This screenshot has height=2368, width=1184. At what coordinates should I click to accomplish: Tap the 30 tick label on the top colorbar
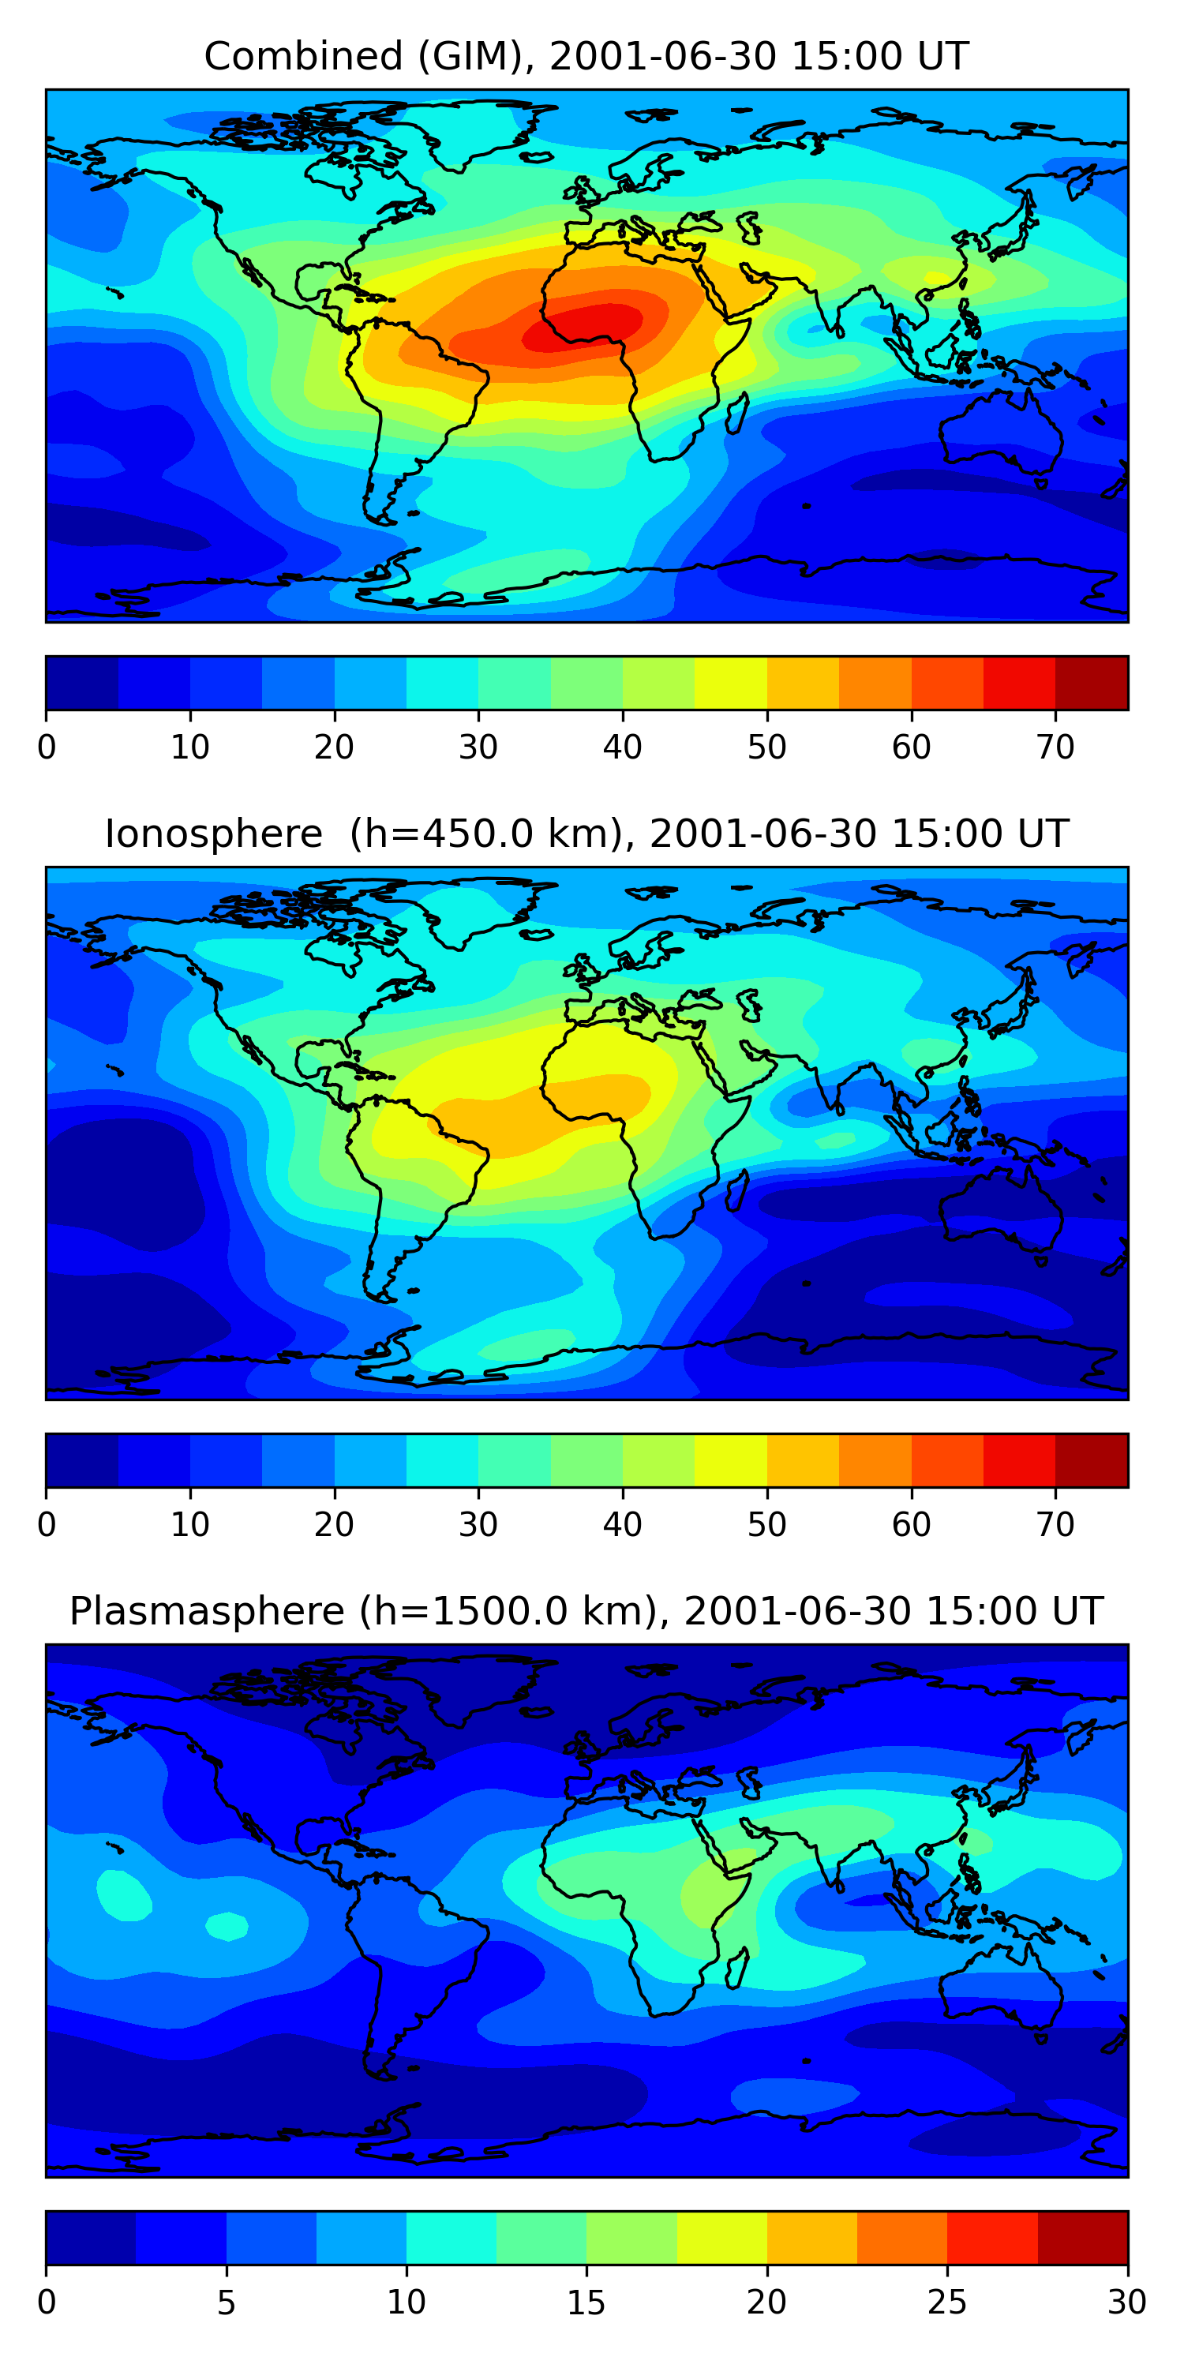tap(478, 747)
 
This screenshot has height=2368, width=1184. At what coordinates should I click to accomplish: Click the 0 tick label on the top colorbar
tap(47, 747)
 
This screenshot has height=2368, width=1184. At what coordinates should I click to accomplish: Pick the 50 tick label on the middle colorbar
tap(766, 1525)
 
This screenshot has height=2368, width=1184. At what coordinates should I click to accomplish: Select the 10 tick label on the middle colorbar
tap(190, 1525)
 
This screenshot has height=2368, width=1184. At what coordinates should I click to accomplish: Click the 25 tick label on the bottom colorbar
tap(947, 2302)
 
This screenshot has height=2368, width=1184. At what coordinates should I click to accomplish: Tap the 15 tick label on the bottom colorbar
tap(586, 2302)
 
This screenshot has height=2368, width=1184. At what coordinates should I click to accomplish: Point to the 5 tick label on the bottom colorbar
tap(226, 2302)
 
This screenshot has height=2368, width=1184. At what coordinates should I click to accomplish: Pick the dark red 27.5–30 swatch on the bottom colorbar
tap(1082, 2239)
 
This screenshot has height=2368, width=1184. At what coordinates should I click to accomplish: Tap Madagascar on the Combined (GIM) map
tap(736, 414)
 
